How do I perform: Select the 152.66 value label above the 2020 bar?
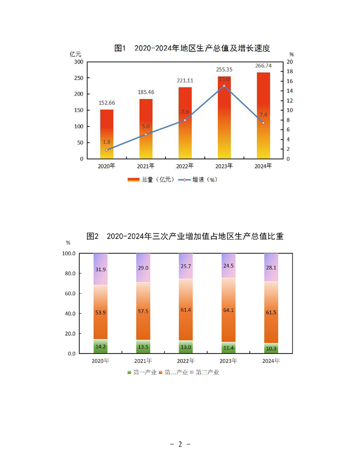coord(107,103)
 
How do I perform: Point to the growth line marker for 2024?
coord(263,123)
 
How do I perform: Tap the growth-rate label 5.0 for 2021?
coord(146,127)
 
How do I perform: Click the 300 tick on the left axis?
coord(79,62)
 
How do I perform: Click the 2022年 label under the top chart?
coord(185,166)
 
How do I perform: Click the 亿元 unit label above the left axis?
coord(75,54)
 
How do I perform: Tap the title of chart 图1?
coord(192,48)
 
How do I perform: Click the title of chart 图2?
coord(185,236)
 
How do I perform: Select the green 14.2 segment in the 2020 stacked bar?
coord(101,346)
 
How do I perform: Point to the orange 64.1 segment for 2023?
coord(229,310)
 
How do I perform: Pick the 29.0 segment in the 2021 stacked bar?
coord(143,268)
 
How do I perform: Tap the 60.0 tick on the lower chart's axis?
coord(71,293)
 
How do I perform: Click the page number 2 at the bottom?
coord(180,444)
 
